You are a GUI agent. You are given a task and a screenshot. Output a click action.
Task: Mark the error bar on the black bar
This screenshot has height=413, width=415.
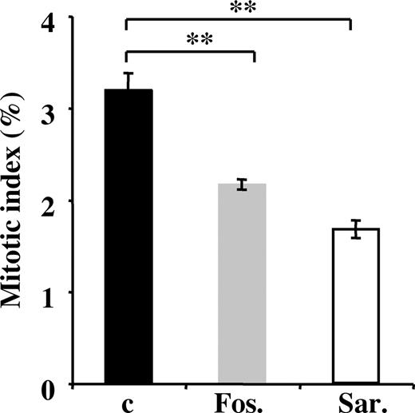tap(128, 81)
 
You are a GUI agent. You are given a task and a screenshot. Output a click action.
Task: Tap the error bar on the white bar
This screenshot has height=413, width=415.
tap(354, 228)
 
